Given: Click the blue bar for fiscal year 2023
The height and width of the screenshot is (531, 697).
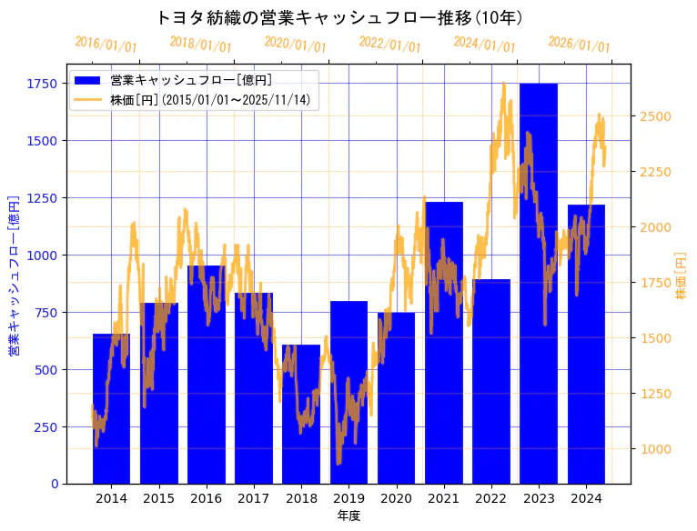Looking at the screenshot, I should point(539,282).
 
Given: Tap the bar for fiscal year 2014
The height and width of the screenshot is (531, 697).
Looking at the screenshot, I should point(111,408).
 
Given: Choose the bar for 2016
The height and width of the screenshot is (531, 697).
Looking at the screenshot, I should point(207,374).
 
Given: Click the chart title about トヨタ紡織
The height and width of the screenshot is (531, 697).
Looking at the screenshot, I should point(339,17).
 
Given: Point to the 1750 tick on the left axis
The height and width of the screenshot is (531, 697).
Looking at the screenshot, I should point(42,84).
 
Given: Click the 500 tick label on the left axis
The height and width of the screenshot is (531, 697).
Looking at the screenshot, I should point(45,369).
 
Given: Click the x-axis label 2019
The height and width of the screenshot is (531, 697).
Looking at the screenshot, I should point(348,498).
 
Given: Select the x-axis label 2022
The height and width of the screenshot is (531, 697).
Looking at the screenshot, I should point(491,498).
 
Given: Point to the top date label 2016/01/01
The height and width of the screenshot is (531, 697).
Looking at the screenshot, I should point(106,45).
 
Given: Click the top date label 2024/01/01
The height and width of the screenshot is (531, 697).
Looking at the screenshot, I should point(485,45).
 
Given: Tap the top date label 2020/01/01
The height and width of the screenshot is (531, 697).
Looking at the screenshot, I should point(296,45).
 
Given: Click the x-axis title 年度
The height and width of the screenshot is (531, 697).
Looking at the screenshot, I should point(348,516).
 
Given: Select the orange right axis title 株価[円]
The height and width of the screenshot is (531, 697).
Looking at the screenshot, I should point(682,275).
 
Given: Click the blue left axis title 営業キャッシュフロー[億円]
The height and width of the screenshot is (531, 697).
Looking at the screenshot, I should point(14,275).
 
